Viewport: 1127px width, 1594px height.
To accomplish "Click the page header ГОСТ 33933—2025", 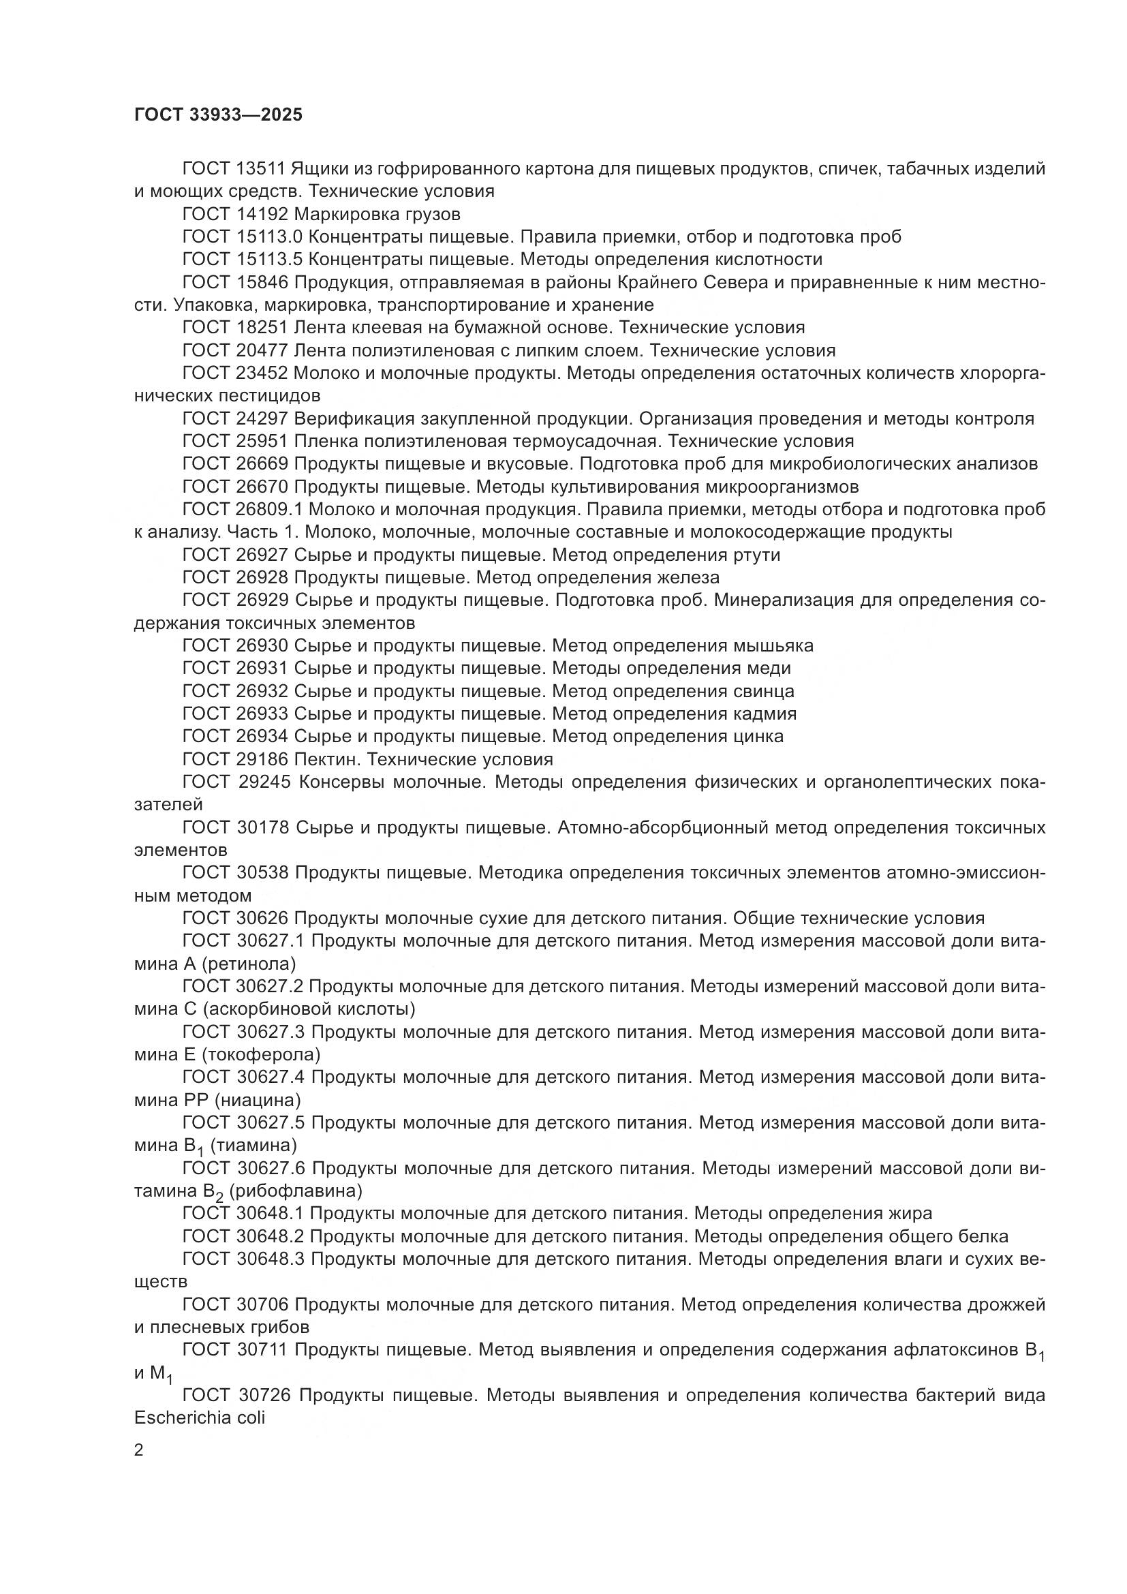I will click(x=219, y=115).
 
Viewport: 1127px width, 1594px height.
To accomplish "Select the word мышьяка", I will click(x=773, y=645).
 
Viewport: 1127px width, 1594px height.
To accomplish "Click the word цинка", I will click(x=758, y=736).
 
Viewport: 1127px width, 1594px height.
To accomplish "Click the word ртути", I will click(x=756, y=555).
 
